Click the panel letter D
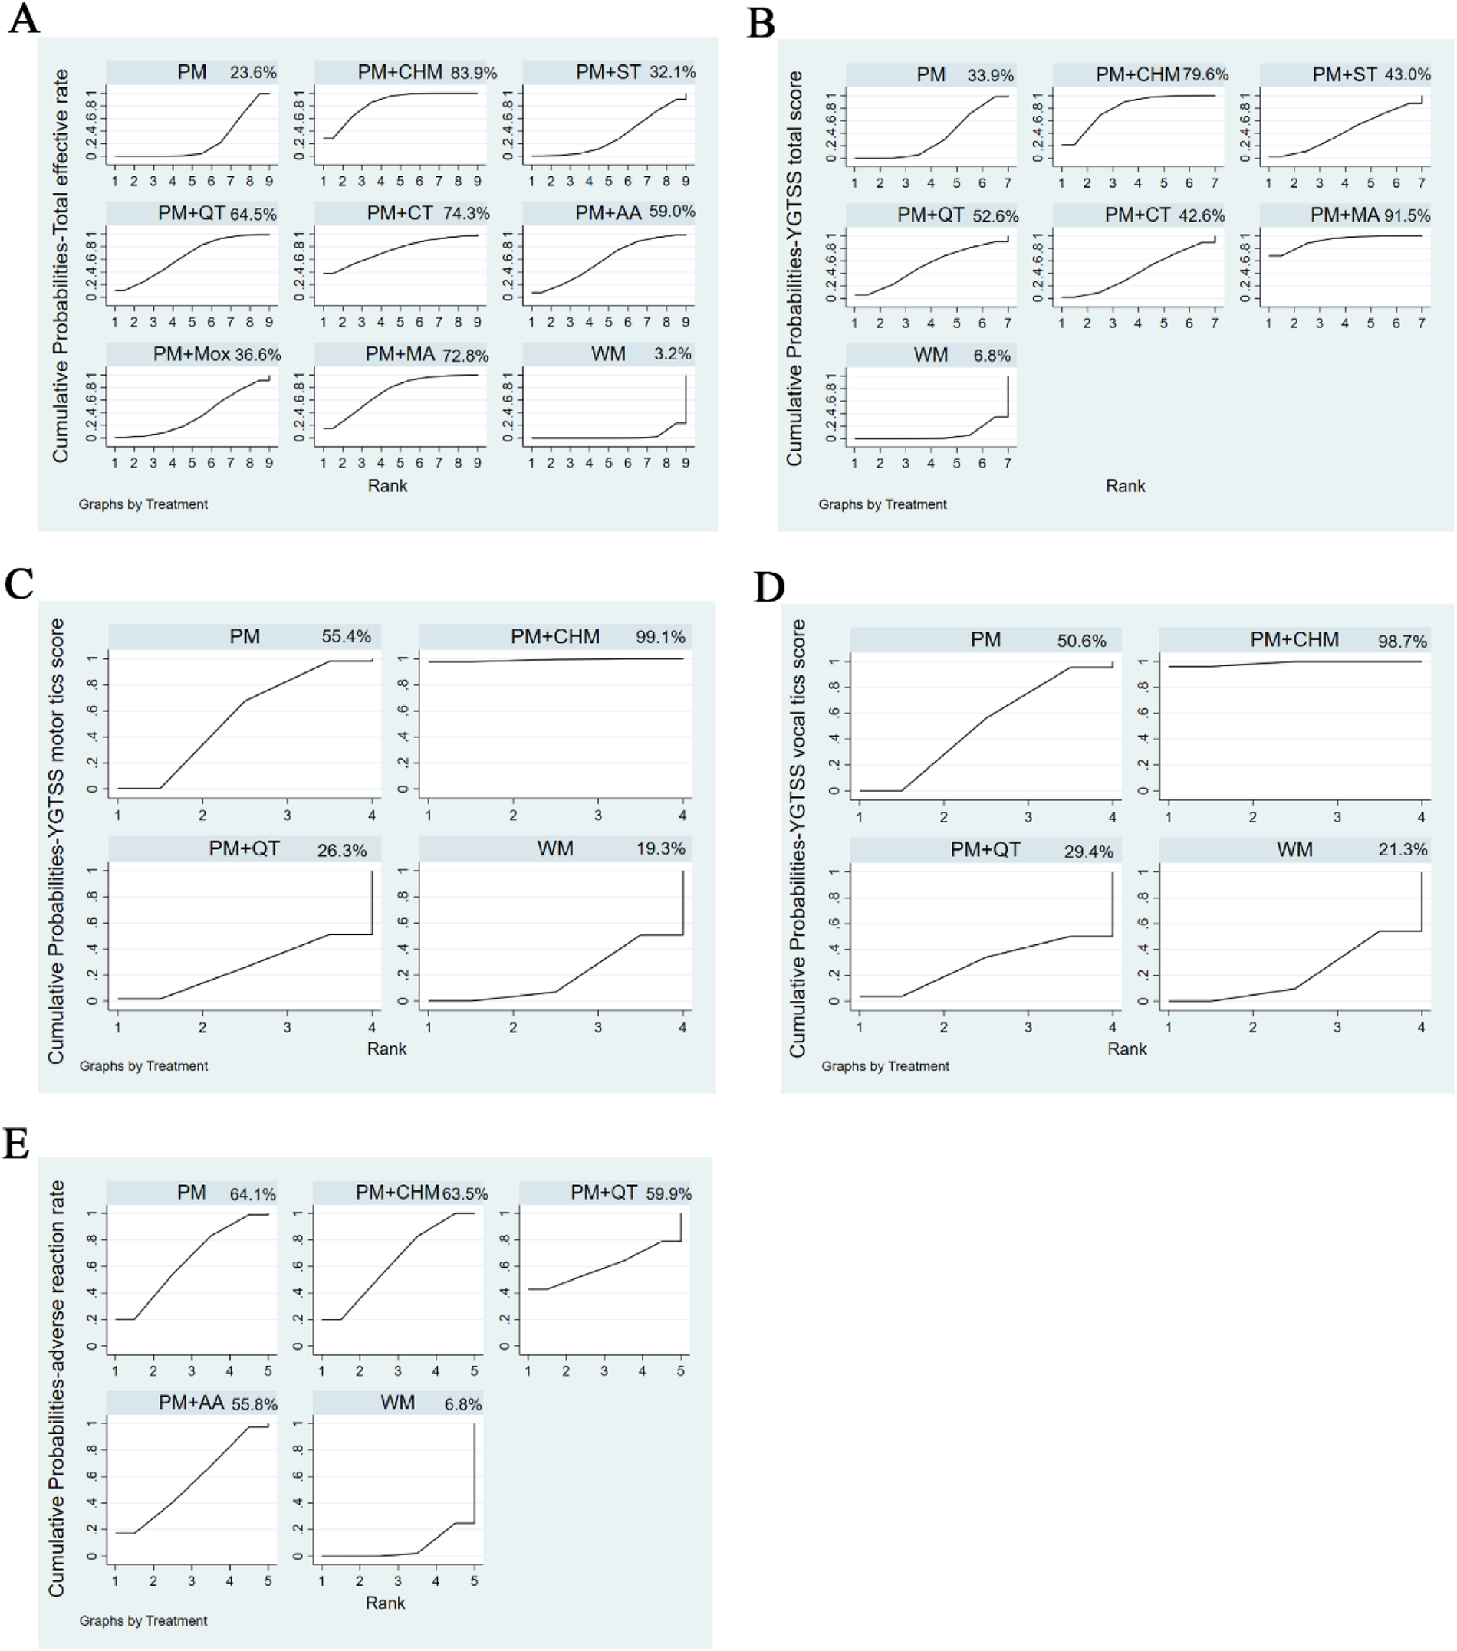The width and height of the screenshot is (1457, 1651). click(x=768, y=587)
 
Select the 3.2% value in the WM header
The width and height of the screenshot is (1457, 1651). click(x=673, y=354)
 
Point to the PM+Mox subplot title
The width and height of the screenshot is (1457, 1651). click(x=192, y=355)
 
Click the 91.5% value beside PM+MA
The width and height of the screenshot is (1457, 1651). click(x=1407, y=215)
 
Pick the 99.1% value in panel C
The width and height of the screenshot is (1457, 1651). click(x=660, y=636)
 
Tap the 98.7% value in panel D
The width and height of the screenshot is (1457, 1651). click(x=1402, y=642)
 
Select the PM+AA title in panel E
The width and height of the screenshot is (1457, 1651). click(x=191, y=1403)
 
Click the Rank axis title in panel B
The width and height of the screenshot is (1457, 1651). click(x=1125, y=485)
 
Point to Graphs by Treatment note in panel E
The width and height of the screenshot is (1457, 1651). click(x=143, y=1620)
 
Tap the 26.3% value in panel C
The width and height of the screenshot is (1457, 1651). click(x=342, y=851)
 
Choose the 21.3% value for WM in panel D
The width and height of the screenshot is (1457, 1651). click(x=1402, y=850)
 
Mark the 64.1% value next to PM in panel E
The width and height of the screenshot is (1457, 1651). click(x=252, y=1194)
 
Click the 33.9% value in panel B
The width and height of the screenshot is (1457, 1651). click(x=990, y=75)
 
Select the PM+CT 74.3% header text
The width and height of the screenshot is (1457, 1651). click(x=427, y=213)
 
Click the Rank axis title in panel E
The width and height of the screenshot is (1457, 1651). click(x=385, y=1603)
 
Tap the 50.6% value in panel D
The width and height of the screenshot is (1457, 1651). click(x=1081, y=642)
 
